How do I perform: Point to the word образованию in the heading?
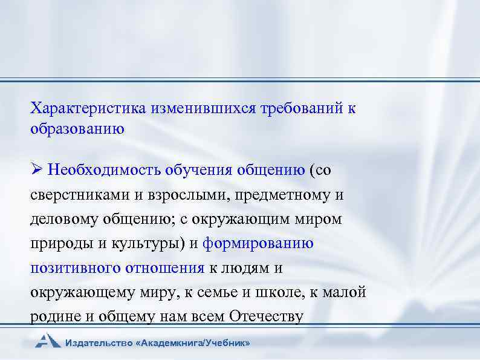pyautogui.click(x=77, y=129)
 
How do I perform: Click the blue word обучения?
pyautogui.click(x=201, y=170)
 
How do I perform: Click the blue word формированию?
pyautogui.click(x=258, y=244)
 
